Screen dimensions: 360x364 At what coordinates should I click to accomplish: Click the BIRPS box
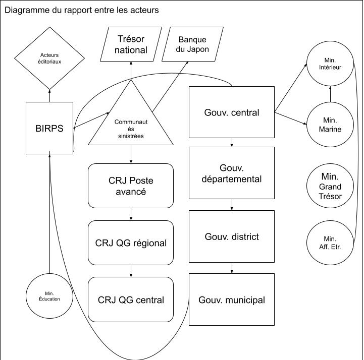tap(49, 128)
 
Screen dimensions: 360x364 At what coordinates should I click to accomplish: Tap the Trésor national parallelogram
tap(131, 44)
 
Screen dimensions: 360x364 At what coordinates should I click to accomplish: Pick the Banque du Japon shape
tap(192, 44)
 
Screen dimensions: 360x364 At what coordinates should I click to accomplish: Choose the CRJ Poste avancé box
tap(131, 186)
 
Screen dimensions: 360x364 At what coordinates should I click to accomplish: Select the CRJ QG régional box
tap(131, 243)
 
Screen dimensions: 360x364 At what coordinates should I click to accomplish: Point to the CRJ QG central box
tap(131, 299)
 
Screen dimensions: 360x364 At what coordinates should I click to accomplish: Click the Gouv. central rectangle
tap(232, 112)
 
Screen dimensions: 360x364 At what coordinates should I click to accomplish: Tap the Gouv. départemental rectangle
tap(232, 172)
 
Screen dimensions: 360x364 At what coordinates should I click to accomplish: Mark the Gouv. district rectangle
tap(232, 236)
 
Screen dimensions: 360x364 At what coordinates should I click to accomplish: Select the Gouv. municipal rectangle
tap(232, 299)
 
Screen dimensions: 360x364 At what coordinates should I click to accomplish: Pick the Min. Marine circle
tap(331, 125)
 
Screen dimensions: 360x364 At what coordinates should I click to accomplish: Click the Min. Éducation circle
tap(49, 295)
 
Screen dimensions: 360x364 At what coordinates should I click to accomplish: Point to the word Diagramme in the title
tap(25, 10)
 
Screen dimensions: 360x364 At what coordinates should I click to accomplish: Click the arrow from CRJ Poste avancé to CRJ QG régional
tap(131, 214)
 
